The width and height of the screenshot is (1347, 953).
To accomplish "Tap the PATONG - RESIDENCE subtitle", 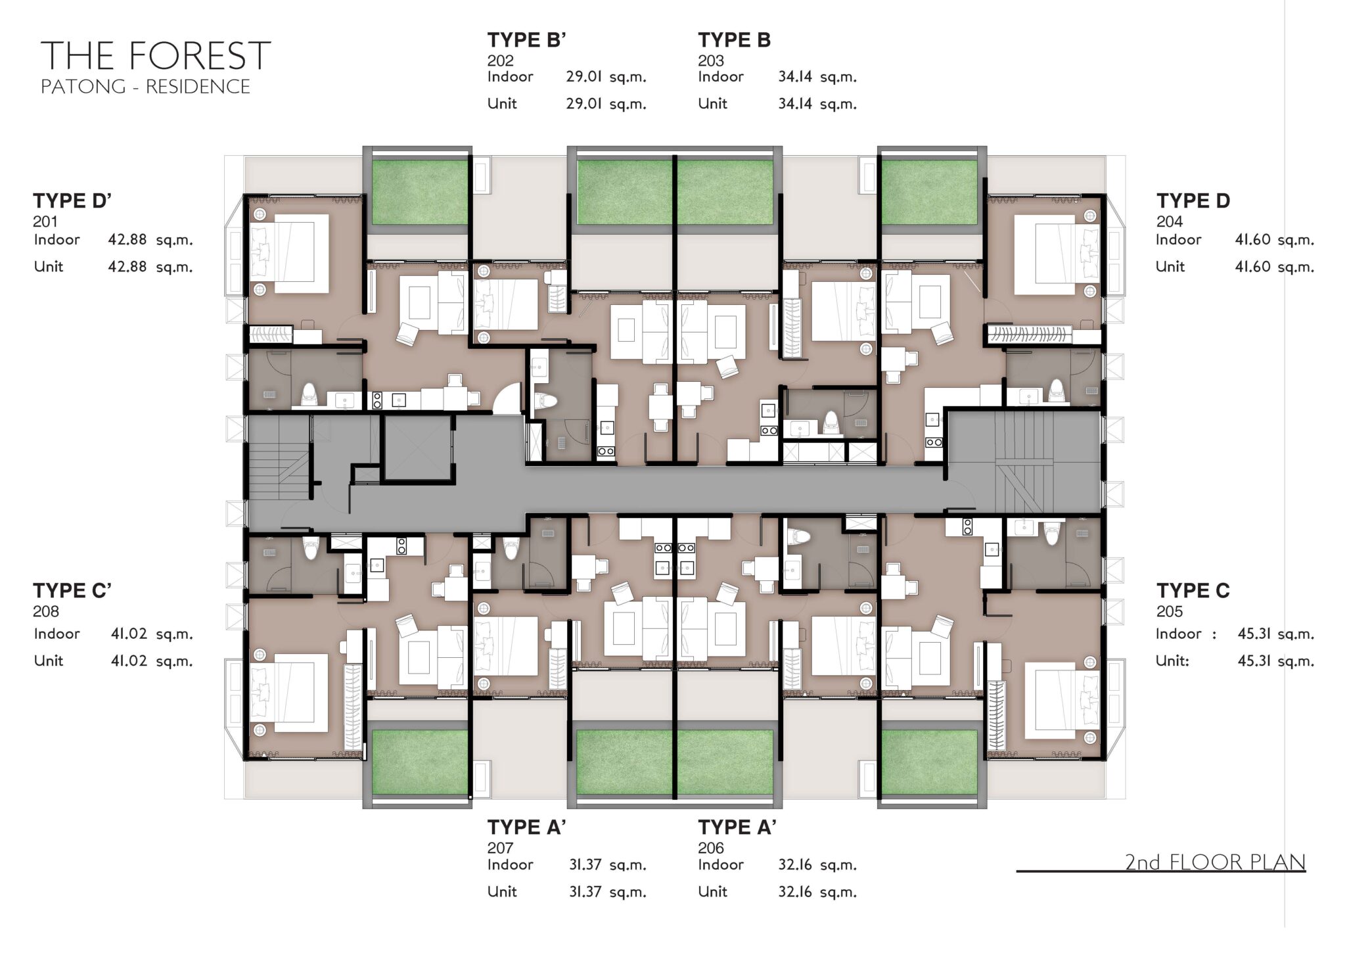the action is [x=145, y=87].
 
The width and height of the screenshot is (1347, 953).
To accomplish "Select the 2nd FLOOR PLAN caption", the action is [x=1215, y=862].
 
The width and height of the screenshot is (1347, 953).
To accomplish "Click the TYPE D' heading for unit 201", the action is [x=72, y=200].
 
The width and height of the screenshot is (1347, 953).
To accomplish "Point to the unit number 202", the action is [x=500, y=60].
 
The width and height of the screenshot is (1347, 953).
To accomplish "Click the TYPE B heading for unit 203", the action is [x=734, y=40].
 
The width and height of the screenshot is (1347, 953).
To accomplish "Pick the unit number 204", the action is [x=1170, y=221].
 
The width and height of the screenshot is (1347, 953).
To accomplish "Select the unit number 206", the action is [x=711, y=848].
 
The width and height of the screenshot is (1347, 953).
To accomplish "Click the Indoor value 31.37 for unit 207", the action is [x=585, y=864].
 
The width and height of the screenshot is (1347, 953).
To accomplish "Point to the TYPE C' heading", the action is [x=72, y=591].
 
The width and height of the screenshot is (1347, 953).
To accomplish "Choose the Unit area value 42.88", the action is [x=127, y=266].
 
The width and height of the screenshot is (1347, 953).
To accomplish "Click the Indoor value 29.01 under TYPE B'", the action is [x=584, y=76].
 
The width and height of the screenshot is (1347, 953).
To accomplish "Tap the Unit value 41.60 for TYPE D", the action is [x=1252, y=266].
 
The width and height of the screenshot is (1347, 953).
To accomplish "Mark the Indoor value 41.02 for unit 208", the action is [x=129, y=634].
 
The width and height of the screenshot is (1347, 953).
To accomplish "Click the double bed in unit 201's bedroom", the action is [x=288, y=253].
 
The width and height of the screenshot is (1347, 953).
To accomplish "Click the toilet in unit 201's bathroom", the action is [x=309, y=395].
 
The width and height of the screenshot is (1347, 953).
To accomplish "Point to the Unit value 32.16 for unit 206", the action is [x=795, y=891].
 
